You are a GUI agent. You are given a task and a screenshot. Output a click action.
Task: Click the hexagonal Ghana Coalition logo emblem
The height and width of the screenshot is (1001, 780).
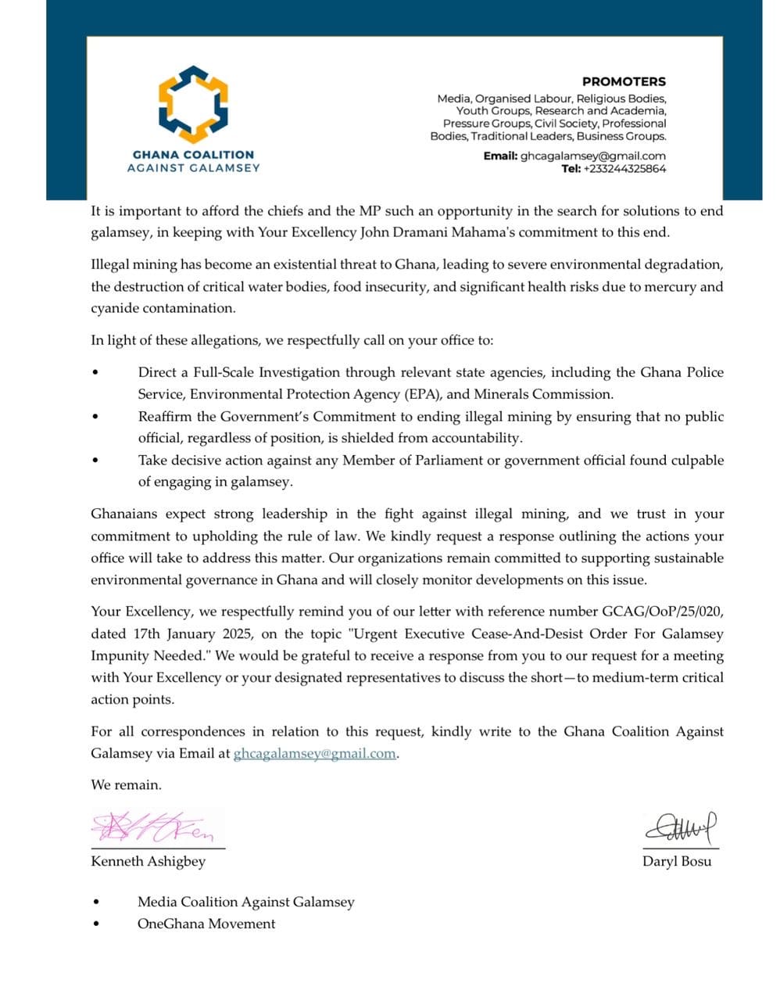(193, 102)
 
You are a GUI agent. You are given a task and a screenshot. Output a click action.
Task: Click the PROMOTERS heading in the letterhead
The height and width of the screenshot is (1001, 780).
(624, 81)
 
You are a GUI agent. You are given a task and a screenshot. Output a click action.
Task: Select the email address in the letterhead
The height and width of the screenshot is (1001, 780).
(593, 156)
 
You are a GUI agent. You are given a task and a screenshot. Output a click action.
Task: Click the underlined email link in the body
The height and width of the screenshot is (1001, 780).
(315, 754)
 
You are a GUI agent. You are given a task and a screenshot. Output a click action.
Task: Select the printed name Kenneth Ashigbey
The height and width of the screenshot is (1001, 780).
(148, 861)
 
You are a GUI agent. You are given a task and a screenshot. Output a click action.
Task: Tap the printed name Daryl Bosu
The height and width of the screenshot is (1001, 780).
(677, 862)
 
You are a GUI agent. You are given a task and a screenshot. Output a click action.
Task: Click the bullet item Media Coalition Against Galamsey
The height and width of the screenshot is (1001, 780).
(245, 902)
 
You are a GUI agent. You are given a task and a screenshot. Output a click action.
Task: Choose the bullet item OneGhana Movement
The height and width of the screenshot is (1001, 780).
(206, 924)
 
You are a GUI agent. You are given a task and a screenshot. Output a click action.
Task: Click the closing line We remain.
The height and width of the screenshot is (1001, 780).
(126, 784)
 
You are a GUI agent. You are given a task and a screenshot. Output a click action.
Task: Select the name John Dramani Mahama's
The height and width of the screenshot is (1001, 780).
(436, 232)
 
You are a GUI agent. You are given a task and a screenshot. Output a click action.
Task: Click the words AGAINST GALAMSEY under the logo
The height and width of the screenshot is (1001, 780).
(193, 167)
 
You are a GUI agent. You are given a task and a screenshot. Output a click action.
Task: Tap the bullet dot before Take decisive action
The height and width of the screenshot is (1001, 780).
(95, 461)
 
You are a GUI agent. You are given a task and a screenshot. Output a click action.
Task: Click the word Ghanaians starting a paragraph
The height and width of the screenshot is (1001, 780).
(127, 514)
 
